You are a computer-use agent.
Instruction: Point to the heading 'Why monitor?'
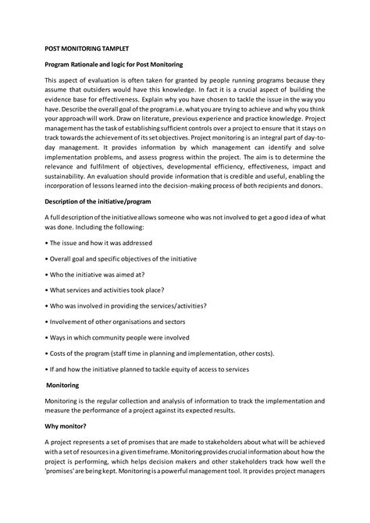pyautogui.click(x=66, y=425)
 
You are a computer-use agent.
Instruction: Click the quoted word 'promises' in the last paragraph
pyautogui.click(x=62, y=473)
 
